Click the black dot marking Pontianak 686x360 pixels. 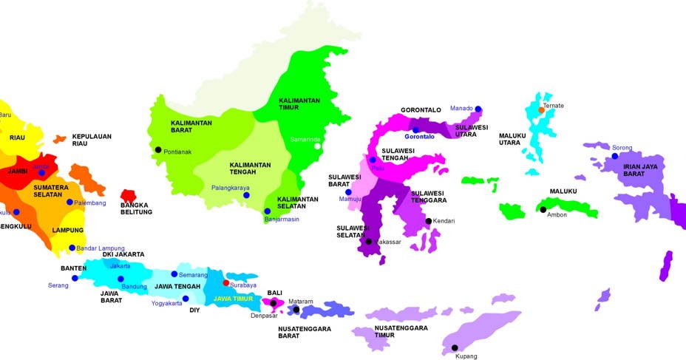coord(157,150)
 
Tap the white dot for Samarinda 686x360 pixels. coord(319,146)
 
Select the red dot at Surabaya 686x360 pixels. coord(226,282)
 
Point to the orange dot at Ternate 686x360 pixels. coord(541,110)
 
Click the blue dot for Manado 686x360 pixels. coord(478,109)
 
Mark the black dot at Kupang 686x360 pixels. coord(455,347)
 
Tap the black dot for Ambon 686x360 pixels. coord(543,210)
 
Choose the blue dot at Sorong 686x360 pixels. coord(614,156)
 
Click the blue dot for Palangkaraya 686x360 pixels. coord(247,196)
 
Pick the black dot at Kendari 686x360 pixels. coord(428,221)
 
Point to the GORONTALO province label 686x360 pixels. coord(421,110)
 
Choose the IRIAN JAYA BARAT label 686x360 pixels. coord(639,170)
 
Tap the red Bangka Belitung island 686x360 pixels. coord(128,196)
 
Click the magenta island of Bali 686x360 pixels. coord(271,302)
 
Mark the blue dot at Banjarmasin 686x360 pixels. coord(268,211)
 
